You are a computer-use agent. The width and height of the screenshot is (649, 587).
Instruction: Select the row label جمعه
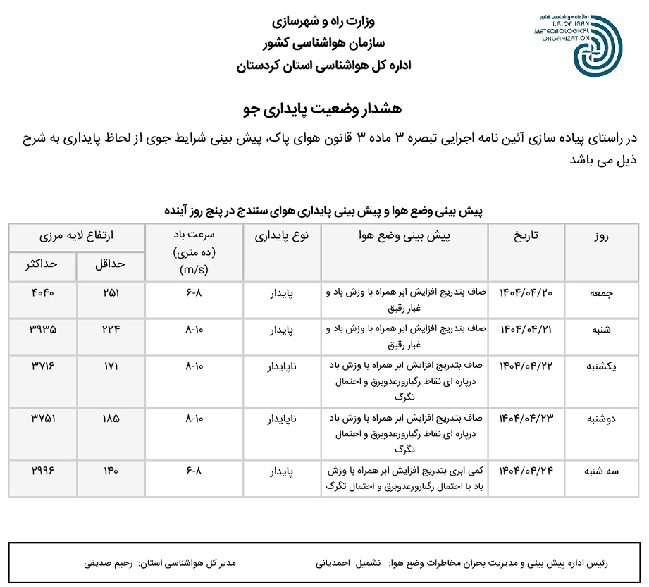tap(605, 292)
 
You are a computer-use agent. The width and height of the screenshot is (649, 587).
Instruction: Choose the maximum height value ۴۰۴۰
tap(43, 292)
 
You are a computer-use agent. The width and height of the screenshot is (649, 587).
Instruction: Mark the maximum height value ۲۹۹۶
tap(43, 469)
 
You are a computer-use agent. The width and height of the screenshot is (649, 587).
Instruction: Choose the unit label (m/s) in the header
tap(194, 269)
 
